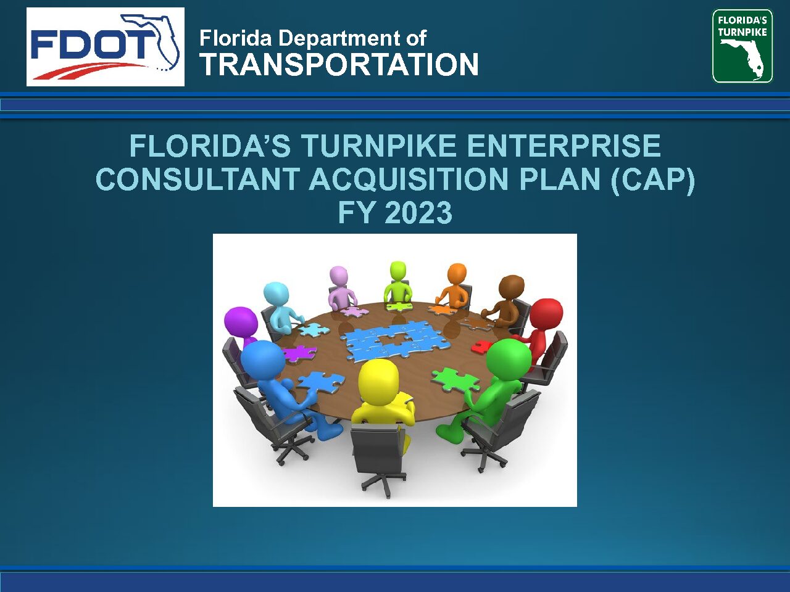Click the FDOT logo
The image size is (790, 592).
[106, 47]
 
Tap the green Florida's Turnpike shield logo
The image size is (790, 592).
[742, 46]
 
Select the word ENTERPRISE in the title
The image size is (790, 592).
[563, 146]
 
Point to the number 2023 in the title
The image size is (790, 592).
[418, 212]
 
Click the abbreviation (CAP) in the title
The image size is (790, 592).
[653, 179]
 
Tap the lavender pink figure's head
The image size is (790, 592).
[339, 276]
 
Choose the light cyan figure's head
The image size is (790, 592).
[276, 294]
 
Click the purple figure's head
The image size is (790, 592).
[241, 322]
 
